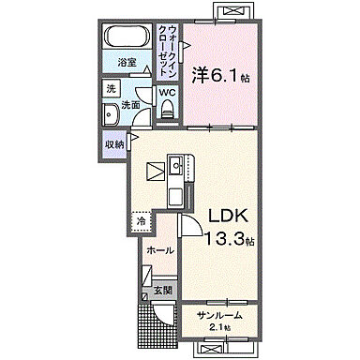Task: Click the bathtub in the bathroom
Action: click(x=127, y=36)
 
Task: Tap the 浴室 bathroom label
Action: click(x=127, y=63)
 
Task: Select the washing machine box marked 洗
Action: click(x=111, y=89)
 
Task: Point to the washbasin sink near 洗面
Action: click(x=111, y=114)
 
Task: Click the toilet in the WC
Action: click(x=167, y=110)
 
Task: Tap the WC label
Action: click(x=168, y=93)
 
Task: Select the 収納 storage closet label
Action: click(x=114, y=144)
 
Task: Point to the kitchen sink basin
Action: click(x=176, y=165)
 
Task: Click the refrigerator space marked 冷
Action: click(x=142, y=221)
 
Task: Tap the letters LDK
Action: click(x=228, y=216)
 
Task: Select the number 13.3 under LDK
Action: click(x=225, y=239)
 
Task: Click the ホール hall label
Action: click(x=160, y=250)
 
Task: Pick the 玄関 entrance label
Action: click(x=163, y=291)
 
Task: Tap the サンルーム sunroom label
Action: click(x=219, y=315)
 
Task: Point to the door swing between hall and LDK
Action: click(x=189, y=224)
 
